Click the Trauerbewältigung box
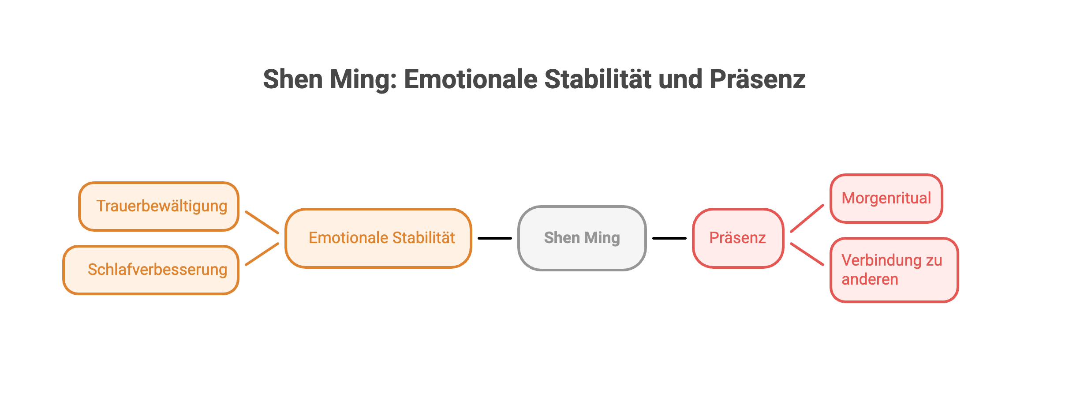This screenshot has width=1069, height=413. tap(159, 206)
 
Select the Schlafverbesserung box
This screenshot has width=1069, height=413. tap(151, 270)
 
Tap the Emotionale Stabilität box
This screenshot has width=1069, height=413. tap(378, 238)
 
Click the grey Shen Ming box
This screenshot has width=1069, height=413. tap(582, 238)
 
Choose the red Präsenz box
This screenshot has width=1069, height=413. tap(738, 238)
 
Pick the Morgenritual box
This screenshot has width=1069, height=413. tap(886, 198)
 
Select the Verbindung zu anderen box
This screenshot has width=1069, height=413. tap(894, 270)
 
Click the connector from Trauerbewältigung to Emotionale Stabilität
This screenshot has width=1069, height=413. tap(262, 222)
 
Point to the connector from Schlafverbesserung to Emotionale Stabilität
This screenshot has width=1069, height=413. tap(262, 254)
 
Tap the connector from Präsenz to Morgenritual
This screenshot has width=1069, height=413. tap(807, 218)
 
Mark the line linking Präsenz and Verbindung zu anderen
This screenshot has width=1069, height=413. tap(807, 254)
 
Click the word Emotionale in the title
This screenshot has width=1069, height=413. tap(471, 79)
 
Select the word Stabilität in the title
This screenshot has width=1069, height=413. tap(598, 79)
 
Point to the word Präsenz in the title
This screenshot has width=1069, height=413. tap(757, 79)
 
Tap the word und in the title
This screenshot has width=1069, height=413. tap(680, 79)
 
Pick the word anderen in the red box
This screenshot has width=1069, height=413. tap(870, 279)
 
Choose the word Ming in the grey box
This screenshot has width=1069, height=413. tap(602, 238)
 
